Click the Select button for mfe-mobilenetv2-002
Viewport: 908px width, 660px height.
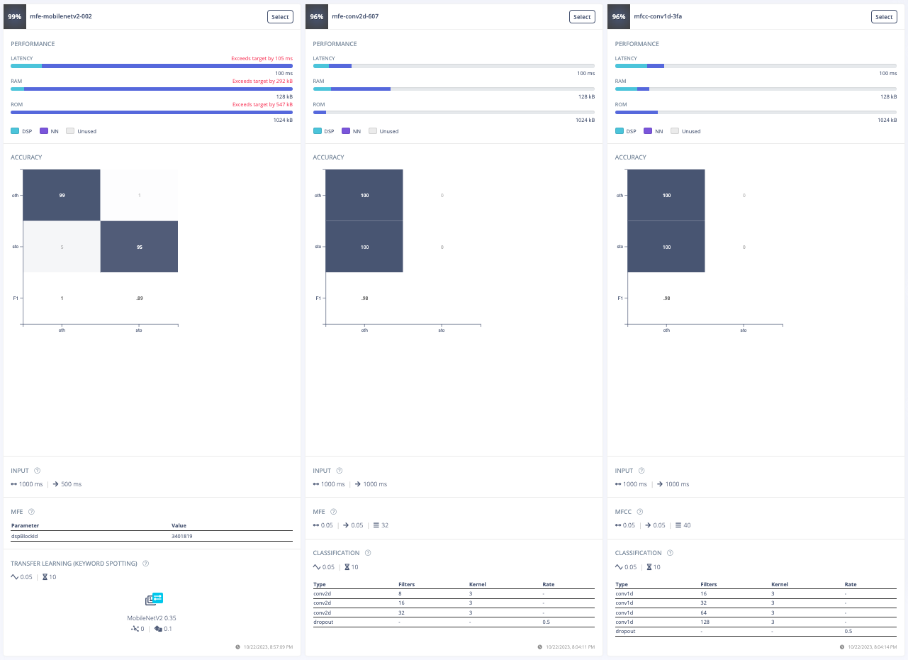pyautogui.click(x=280, y=17)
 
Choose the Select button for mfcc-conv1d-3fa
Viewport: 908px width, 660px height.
pyautogui.click(x=884, y=17)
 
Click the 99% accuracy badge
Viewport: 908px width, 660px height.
pyautogui.click(x=15, y=17)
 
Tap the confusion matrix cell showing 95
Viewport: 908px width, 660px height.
pyautogui.click(x=139, y=247)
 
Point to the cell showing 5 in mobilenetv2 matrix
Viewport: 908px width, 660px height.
pyautogui.click(x=62, y=247)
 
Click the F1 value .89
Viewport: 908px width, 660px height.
pyautogui.click(x=139, y=298)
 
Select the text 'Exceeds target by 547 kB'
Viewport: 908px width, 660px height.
pyautogui.click(x=262, y=104)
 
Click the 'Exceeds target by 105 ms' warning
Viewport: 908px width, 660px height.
pyautogui.click(x=262, y=59)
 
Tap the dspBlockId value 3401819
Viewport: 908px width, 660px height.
pyautogui.click(x=182, y=536)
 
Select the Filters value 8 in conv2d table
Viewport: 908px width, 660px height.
pyautogui.click(x=400, y=594)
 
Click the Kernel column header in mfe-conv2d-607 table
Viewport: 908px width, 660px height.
pyautogui.click(x=478, y=585)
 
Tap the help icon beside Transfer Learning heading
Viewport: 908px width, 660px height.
pyautogui.click(x=145, y=564)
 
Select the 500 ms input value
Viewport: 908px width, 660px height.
pyautogui.click(x=71, y=484)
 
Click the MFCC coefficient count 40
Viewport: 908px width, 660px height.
pyautogui.click(x=687, y=525)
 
